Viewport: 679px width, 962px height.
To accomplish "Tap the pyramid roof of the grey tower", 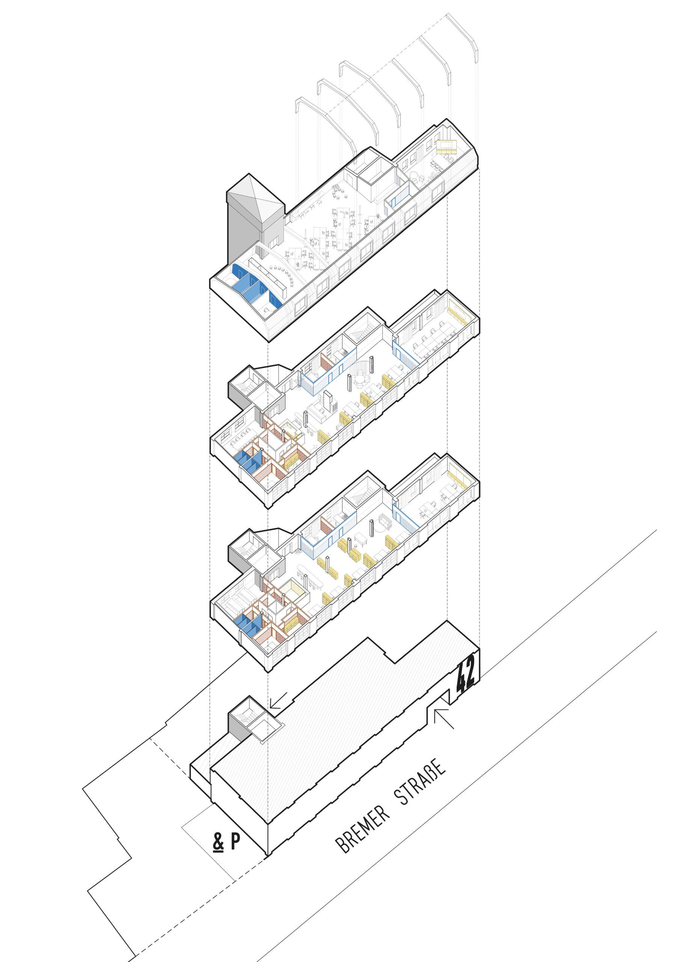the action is coord(255,201).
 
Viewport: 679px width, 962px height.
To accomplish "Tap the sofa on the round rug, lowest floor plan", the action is coord(384,522).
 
